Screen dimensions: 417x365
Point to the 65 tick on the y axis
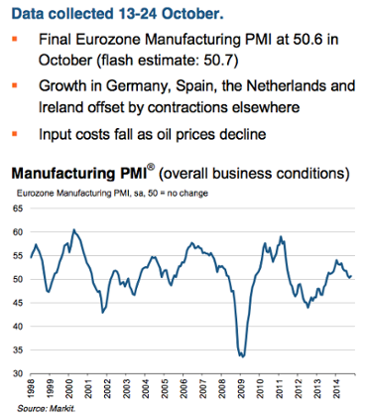(20, 208)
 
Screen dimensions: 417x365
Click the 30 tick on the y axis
(20, 372)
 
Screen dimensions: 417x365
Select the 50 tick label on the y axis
(20, 279)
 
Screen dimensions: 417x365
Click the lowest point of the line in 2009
(241, 354)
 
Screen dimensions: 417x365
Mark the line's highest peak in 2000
(73, 229)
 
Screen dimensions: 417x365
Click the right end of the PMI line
(350, 275)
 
